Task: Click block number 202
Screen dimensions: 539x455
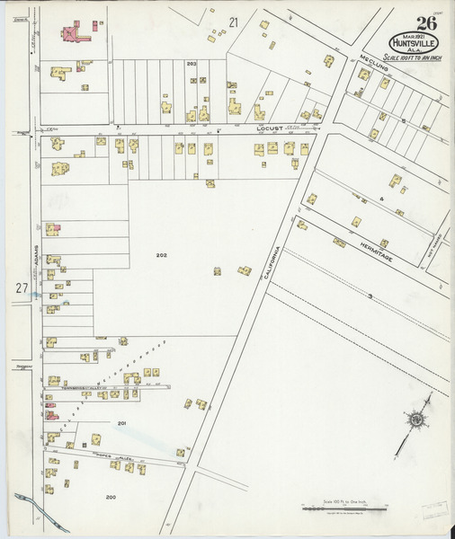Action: [x=161, y=255]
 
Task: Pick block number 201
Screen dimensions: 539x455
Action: [x=122, y=422]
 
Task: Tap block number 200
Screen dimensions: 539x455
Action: [x=112, y=496]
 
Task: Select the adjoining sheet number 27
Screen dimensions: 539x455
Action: [x=22, y=287]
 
